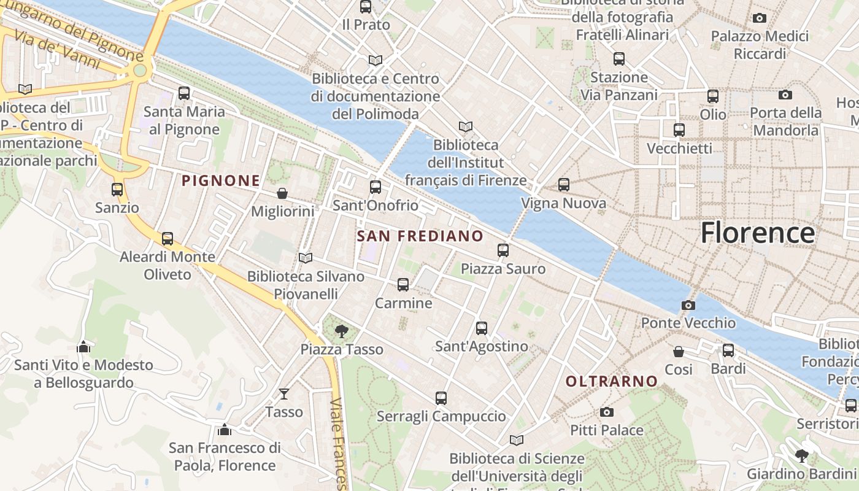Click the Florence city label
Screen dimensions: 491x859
point(758,233)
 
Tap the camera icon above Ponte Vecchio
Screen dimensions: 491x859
point(688,305)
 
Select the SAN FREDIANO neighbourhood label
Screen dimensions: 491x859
point(420,236)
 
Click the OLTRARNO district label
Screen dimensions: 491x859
point(611,382)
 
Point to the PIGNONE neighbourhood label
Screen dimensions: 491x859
point(221,180)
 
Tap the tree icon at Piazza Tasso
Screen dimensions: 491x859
point(341,331)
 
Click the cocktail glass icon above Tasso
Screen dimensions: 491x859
point(284,393)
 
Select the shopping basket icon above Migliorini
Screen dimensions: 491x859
point(282,193)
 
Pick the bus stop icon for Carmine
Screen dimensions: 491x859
point(403,285)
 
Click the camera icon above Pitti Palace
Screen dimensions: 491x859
point(607,412)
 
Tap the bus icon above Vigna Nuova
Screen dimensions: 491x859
point(564,184)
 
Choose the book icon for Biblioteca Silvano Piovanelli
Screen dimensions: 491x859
point(305,258)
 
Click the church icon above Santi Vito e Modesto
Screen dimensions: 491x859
point(83,347)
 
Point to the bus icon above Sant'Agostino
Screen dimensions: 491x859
point(482,328)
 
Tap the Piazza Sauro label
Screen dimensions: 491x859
point(503,269)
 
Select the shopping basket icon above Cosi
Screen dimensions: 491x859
point(679,352)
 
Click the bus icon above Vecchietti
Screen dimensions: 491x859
point(679,130)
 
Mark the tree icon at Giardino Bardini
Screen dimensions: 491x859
point(801,455)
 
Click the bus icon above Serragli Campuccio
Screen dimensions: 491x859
point(441,398)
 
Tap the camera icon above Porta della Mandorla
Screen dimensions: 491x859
point(785,95)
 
